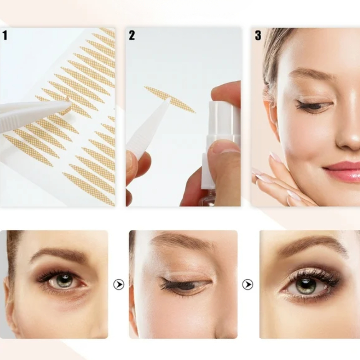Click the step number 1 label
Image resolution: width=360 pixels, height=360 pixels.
[x=5, y=35]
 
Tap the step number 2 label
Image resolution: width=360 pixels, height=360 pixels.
[x=131, y=35]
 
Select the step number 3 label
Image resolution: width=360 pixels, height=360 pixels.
[x=258, y=35]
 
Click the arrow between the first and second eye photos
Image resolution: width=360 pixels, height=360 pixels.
[x=119, y=284]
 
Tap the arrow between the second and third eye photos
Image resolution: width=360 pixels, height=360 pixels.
[x=248, y=284]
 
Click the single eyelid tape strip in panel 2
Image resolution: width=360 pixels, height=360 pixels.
[x=170, y=99]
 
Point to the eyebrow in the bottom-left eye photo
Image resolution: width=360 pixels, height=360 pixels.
[x=59, y=254]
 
